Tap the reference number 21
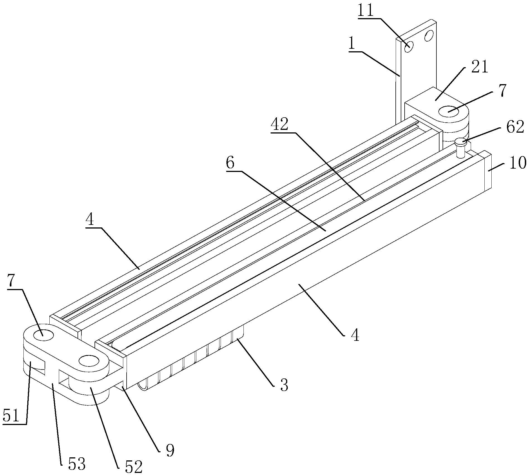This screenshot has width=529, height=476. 479,67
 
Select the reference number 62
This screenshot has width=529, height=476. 515,128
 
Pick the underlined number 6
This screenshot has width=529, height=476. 230,163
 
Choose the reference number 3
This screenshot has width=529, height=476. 284,385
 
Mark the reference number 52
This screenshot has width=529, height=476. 134,466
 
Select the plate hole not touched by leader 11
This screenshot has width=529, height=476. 428,35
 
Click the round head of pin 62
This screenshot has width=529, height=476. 461,142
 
